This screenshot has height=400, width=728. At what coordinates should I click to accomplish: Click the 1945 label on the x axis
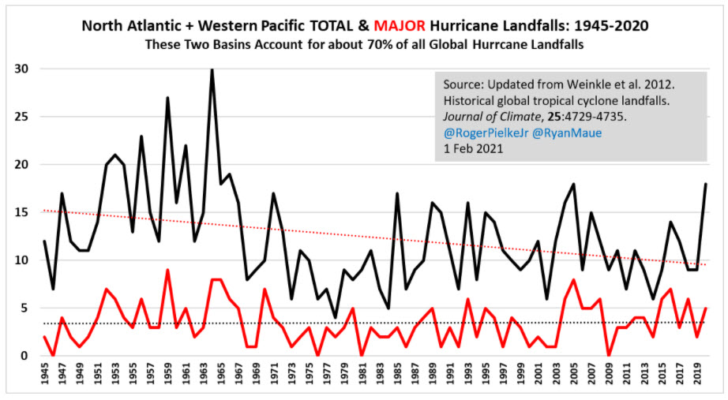click(45, 378)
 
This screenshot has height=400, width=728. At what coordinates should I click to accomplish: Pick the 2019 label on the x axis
click(697, 378)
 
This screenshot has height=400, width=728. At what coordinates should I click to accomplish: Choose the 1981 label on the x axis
click(362, 378)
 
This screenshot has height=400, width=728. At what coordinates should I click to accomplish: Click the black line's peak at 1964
click(212, 69)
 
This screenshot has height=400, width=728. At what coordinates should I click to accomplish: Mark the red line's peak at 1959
click(167, 270)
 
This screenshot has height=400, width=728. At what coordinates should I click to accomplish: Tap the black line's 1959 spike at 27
click(167, 98)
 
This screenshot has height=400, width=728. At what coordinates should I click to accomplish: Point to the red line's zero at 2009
click(608, 356)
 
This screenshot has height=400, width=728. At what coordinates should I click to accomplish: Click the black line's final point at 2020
click(705, 184)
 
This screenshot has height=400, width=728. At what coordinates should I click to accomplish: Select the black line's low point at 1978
click(335, 317)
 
